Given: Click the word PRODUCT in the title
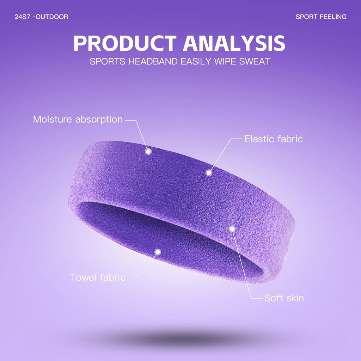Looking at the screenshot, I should pos(125,43).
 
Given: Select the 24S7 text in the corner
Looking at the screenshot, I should pos(22,17).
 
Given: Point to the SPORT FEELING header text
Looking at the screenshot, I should pos(321,17).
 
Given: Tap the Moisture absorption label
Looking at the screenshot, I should pos(78,119).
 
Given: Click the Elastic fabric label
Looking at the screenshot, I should pos(273,139).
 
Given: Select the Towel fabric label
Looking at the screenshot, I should pos(98,277).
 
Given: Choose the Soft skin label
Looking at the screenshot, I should pos(284,298).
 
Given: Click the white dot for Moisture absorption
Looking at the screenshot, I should pos(148,151).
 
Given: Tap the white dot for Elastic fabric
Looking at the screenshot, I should pos(209,173).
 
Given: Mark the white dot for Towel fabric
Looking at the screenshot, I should pos(158,252).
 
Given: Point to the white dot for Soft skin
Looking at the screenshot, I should pos(232,229).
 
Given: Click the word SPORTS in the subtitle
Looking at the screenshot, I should pos(107,61).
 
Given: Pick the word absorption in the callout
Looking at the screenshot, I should pos(99,120).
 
